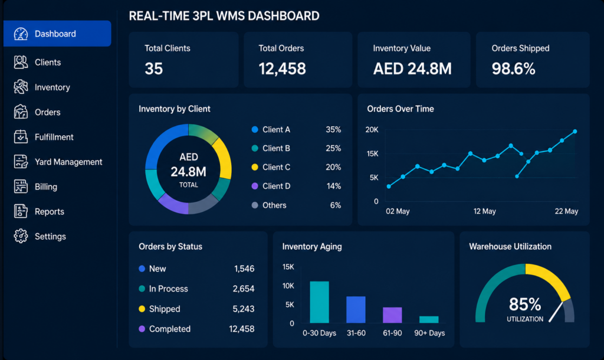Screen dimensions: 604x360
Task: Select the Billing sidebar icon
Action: [x=21, y=186]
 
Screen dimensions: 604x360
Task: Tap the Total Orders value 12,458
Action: [x=282, y=68]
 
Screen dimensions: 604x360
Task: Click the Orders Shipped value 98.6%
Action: [x=513, y=68]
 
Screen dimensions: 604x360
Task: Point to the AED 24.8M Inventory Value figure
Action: [x=412, y=68]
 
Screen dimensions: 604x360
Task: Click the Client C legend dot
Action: [x=255, y=167]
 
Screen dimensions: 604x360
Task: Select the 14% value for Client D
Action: [x=334, y=186]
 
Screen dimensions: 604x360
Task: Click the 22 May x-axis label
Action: [x=566, y=211]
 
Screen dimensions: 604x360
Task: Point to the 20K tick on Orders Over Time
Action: [x=372, y=129]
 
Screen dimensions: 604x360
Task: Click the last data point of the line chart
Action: [x=575, y=132]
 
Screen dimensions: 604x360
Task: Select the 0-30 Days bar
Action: [x=319, y=302]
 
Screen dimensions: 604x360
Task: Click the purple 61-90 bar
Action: [x=392, y=315]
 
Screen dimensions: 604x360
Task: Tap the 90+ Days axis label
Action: [x=429, y=333]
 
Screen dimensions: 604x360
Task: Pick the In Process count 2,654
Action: [x=244, y=289]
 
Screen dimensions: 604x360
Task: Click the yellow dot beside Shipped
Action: [x=142, y=309]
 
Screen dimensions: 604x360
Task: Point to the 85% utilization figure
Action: [x=524, y=304]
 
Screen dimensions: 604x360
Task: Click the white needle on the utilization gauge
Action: [x=556, y=312]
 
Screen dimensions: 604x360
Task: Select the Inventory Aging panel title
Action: [x=312, y=246]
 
